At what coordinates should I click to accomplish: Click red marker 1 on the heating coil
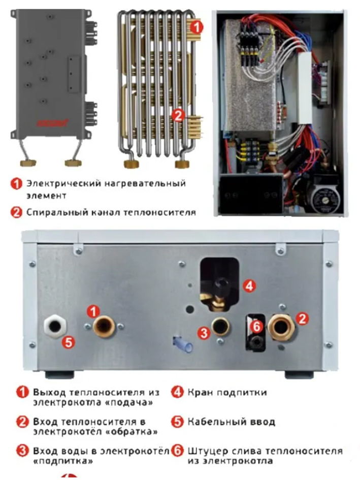198,26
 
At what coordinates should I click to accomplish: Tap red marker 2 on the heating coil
178,115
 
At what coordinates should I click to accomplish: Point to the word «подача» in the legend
137,402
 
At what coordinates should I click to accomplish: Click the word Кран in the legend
199,392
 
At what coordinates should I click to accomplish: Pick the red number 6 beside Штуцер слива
177,451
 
